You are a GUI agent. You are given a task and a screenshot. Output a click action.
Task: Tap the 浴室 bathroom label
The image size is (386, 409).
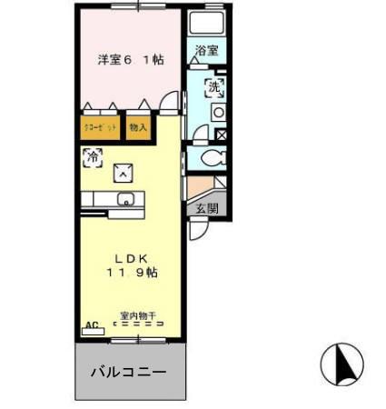206,52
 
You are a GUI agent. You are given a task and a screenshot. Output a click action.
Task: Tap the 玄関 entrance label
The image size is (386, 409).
205,207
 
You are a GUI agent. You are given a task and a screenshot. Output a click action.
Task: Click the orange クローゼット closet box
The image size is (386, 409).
97,127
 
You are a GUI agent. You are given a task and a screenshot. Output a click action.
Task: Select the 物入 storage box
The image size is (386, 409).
137,127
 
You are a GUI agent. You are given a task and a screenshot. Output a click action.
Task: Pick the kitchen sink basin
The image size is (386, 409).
126,200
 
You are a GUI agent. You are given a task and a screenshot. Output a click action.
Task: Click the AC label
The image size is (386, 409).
91,324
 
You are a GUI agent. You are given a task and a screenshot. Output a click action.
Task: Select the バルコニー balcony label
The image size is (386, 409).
127,373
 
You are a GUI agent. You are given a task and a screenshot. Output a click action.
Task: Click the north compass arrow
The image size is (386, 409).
342,364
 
